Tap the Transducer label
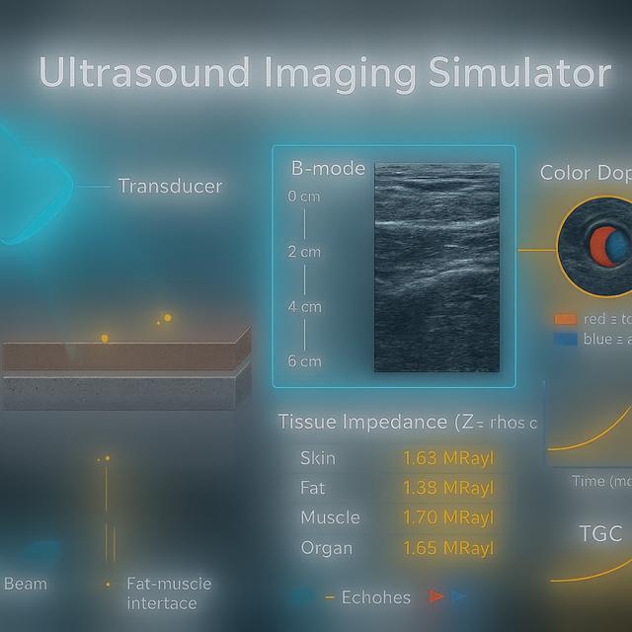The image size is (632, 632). (x=170, y=186)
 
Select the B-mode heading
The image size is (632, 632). (x=328, y=169)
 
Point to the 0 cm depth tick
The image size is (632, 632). (x=304, y=197)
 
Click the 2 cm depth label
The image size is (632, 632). (x=304, y=252)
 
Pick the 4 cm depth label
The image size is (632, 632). (x=304, y=307)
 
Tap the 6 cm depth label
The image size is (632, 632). (x=304, y=360)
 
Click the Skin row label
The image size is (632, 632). (x=317, y=458)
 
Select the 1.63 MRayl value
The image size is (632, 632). (x=447, y=458)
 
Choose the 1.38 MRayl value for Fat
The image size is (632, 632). (x=447, y=488)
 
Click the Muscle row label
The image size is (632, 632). (x=330, y=517)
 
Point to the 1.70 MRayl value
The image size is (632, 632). (x=447, y=517)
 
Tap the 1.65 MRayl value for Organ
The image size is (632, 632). (x=447, y=548)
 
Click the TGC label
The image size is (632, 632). (x=600, y=534)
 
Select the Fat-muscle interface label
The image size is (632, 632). (x=169, y=593)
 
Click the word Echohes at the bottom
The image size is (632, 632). (x=375, y=597)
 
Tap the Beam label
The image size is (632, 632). (x=26, y=584)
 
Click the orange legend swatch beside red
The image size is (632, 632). (x=565, y=319)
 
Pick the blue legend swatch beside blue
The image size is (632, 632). (x=565, y=339)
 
